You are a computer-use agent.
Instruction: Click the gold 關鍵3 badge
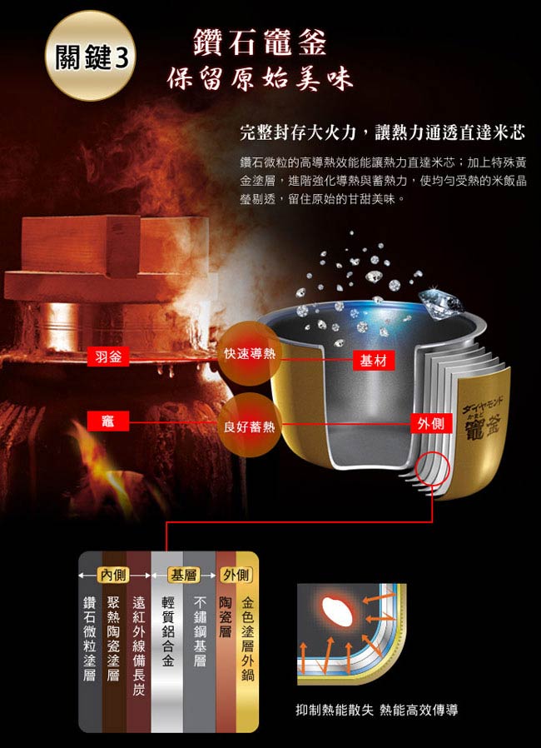[x=90, y=56]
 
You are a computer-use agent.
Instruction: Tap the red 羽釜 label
[x=108, y=357]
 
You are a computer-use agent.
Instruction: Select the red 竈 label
[x=108, y=421]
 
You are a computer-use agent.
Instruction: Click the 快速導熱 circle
[x=250, y=353]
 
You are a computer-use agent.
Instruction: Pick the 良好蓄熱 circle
[x=250, y=426]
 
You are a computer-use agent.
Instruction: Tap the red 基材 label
[x=374, y=361]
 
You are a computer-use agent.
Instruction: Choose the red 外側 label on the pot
[x=431, y=423]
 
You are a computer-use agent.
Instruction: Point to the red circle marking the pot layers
[x=432, y=470]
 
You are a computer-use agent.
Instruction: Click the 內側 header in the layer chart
[x=113, y=575]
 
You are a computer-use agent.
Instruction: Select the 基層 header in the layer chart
[x=183, y=575]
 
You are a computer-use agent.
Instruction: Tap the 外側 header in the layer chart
[x=236, y=575]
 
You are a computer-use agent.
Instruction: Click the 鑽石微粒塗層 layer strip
[x=90, y=641]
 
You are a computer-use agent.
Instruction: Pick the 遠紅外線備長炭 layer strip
[x=139, y=641]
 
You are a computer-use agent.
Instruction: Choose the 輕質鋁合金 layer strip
[x=166, y=641]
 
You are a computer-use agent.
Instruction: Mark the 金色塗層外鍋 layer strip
[x=247, y=641]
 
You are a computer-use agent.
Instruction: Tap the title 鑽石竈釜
[x=260, y=42]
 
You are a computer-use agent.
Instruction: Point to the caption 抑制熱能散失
[x=334, y=710]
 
